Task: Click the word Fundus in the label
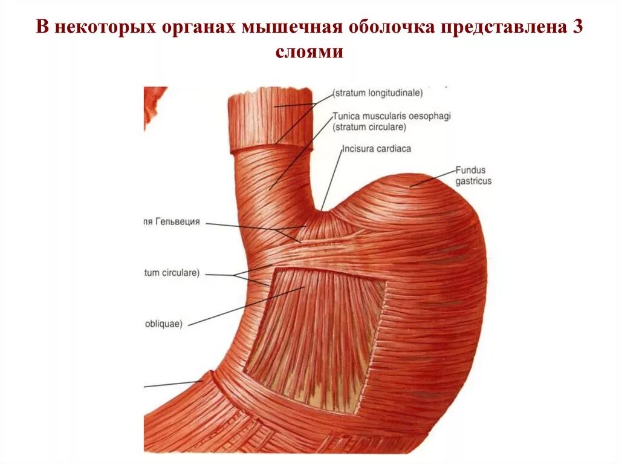(x=471, y=171)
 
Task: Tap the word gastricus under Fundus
(x=473, y=181)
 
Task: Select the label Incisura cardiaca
(x=368, y=148)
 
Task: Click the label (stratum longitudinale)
(x=378, y=93)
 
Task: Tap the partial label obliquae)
(x=164, y=323)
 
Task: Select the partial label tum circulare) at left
(x=172, y=273)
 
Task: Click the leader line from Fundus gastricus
(x=433, y=178)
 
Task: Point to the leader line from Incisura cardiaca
(x=331, y=178)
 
